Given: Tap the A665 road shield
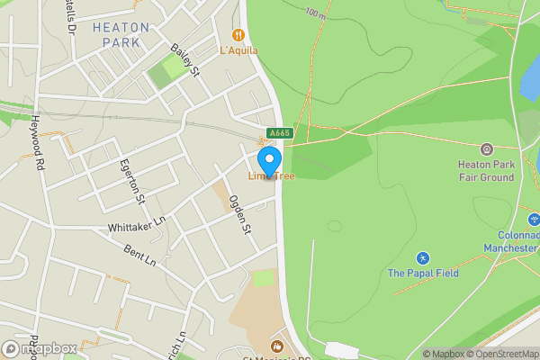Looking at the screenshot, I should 280,133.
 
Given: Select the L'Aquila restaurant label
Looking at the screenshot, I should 238,50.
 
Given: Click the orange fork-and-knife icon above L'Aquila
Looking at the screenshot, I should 238,35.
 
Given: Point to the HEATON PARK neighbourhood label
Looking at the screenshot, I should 121,35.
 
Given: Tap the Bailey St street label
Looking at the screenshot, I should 184,62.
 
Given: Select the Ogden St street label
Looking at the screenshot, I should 238,215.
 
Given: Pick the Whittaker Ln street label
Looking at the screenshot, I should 136,221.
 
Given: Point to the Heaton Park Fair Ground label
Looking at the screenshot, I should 486,171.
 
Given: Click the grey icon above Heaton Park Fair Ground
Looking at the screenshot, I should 487,148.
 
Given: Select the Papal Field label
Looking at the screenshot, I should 423,273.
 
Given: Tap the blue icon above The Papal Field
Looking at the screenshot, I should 423,257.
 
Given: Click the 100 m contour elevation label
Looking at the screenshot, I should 315,14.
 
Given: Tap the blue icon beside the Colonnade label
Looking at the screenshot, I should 533,219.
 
